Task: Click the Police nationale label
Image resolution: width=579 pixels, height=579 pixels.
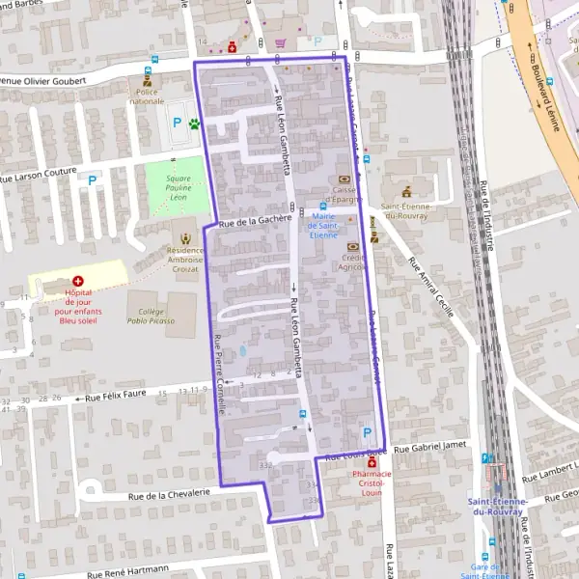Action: [147, 96]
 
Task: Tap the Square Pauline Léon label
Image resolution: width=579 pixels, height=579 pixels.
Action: [176, 187]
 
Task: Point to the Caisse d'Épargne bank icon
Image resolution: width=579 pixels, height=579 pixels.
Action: [345, 179]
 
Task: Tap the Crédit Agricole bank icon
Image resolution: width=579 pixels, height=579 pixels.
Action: [353, 247]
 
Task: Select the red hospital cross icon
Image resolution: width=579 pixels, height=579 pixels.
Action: [78, 280]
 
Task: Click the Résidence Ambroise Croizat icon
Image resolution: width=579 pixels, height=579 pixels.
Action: [185, 236]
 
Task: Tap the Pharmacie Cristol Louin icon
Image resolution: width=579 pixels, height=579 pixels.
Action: [372, 463]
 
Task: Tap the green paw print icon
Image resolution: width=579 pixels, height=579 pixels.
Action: [194, 124]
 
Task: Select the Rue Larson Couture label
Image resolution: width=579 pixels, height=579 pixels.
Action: [39, 176]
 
